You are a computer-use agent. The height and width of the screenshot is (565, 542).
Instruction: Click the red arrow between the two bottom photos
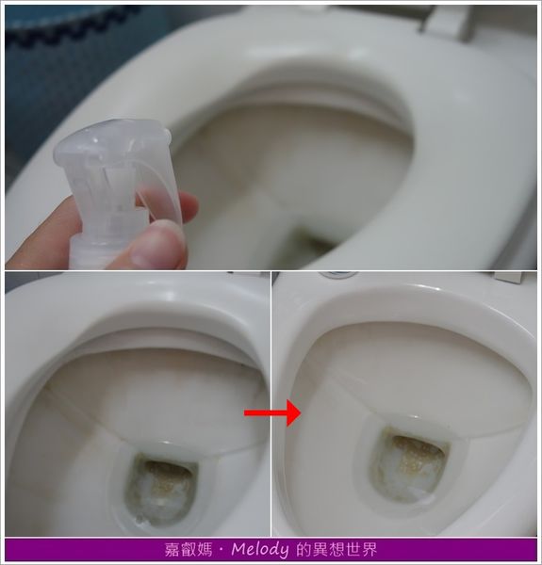tap(271, 412)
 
